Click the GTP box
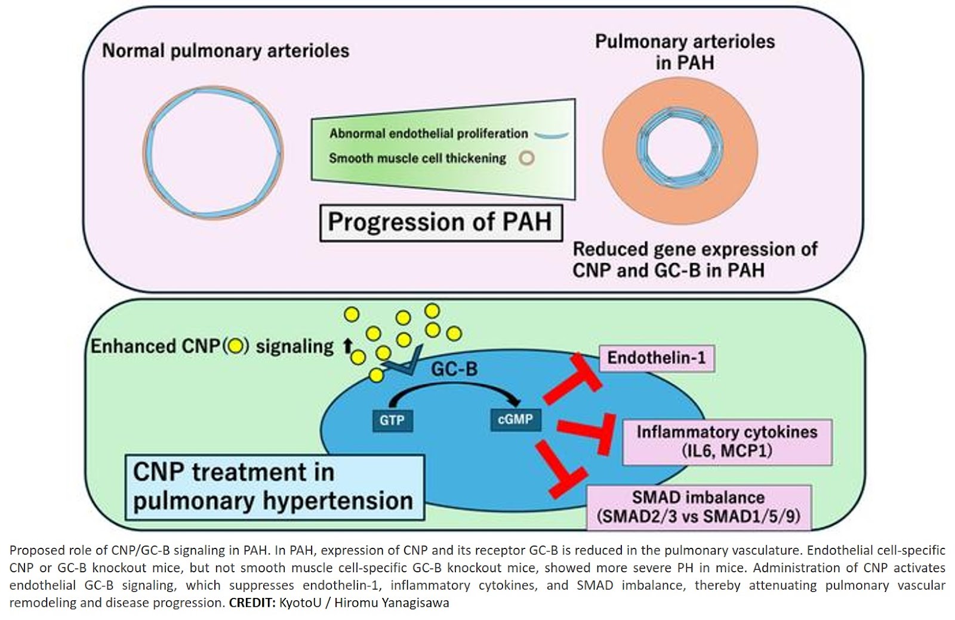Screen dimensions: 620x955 click(x=392, y=420)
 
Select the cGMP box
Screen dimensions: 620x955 click(x=515, y=419)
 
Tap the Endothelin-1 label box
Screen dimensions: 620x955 click(x=656, y=358)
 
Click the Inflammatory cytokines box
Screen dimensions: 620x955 click(x=726, y=441)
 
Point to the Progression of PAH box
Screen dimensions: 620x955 click(x=440, y=223)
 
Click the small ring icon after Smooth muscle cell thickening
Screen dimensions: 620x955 click(x=526, y=158)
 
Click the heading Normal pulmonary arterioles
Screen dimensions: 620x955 click(x=226, y=51)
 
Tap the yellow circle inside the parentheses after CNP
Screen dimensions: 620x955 click(x=235, y=346)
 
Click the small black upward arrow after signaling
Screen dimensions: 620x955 click(x=347, y=346)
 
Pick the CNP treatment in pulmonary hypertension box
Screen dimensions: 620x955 click(x=275, y=487)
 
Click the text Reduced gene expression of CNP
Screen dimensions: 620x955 click(x=694, y=249)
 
